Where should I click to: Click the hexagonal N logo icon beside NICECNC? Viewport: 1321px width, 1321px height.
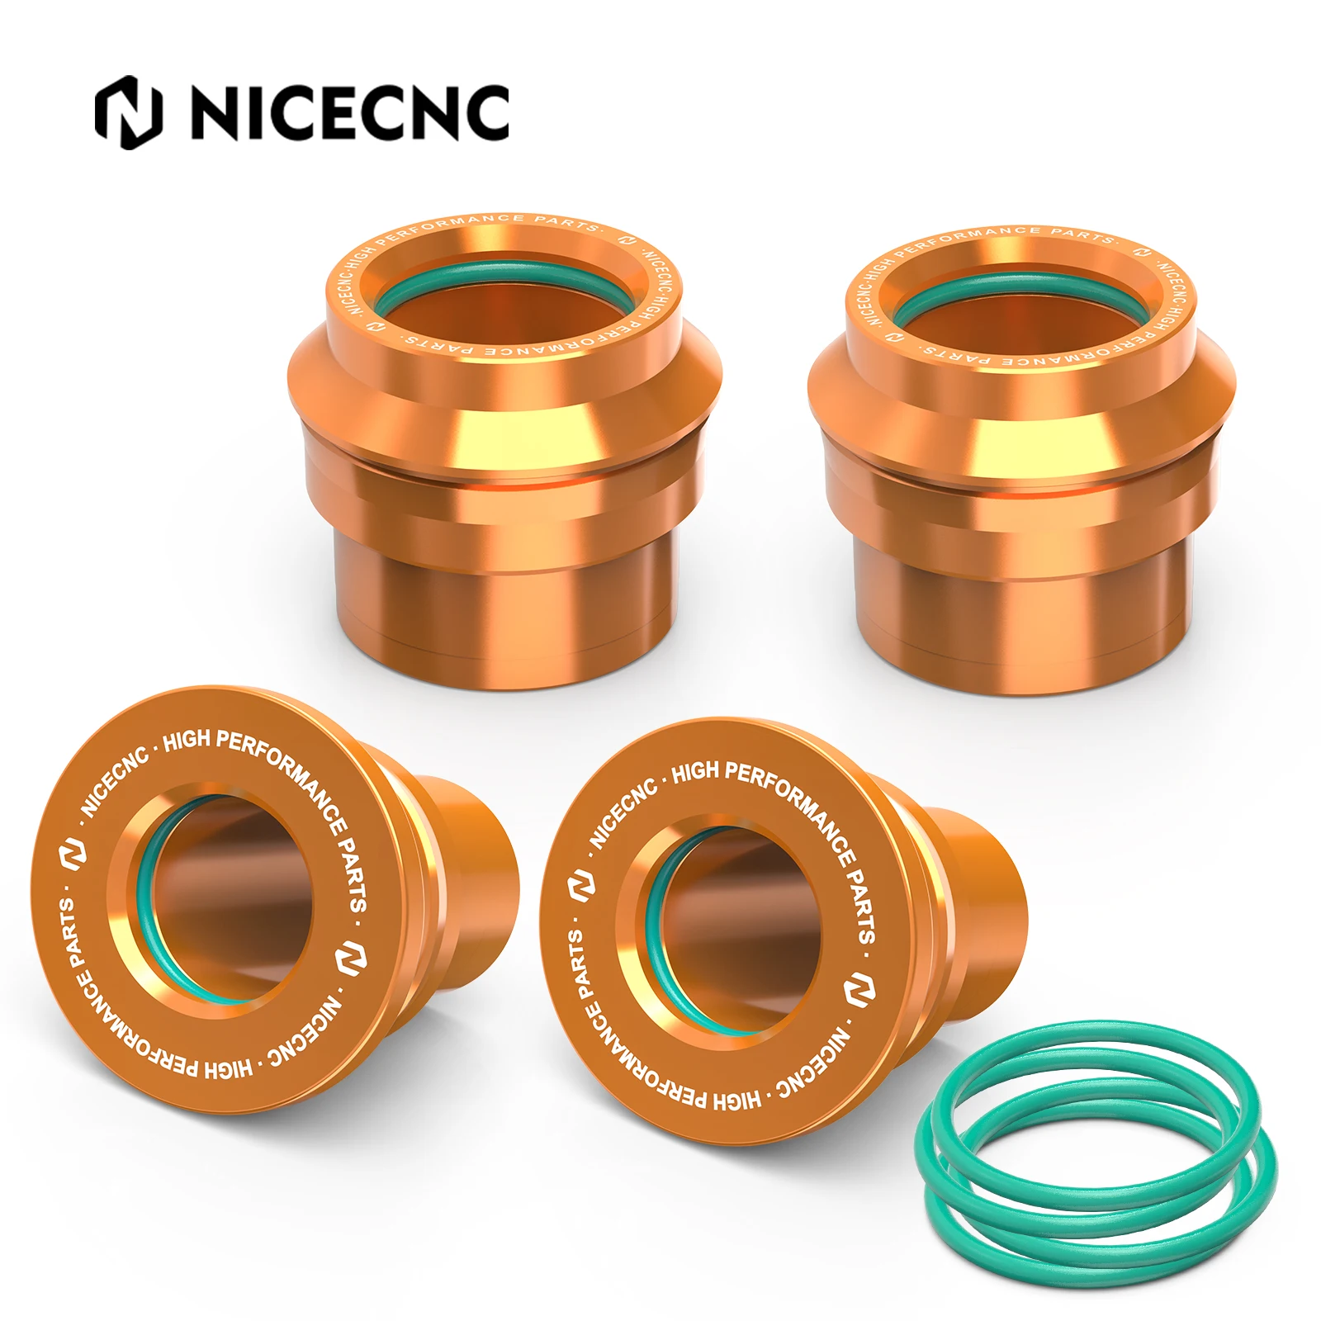point(128,112)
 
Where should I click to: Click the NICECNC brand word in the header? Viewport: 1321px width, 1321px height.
point(350,112)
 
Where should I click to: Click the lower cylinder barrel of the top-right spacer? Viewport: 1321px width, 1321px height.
point(1024,619)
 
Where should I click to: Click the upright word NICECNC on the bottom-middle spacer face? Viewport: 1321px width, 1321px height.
point(623,813)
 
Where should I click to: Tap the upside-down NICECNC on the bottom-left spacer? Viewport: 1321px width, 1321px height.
point(305,1032)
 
